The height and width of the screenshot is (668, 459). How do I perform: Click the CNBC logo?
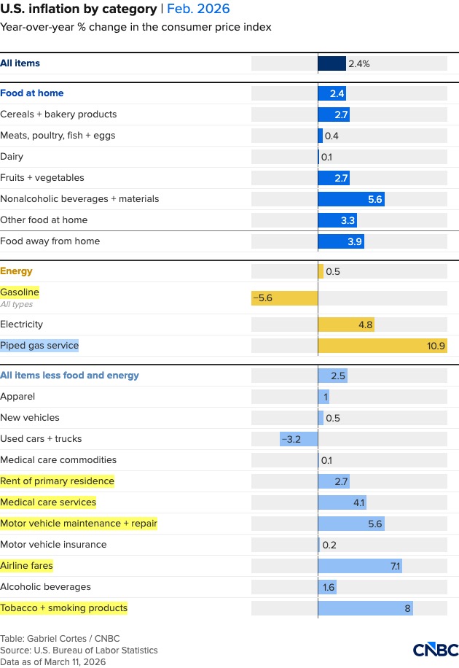point(436,650)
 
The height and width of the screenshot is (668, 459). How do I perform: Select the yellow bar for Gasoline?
point(285,298)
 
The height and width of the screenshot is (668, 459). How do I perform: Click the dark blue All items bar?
point(331,63)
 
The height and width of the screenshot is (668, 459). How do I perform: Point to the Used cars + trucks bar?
point(299,439)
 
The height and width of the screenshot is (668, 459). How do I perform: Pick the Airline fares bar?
point(360,566)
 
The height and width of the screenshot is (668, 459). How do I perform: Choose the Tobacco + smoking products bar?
point(365,608)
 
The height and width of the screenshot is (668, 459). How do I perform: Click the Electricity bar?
point(346,325)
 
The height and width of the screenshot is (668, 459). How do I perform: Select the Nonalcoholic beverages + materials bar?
point(351,199)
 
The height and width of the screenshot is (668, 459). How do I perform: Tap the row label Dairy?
point(12,157)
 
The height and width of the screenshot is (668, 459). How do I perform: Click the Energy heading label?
point(16,271)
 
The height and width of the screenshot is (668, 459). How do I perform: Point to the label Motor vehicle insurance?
point(53,545)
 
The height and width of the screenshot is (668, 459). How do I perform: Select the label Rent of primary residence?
point(57,481)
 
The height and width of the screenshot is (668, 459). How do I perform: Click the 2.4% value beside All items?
point(359,63)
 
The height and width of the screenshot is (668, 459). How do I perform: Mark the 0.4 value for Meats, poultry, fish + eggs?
point(331,136)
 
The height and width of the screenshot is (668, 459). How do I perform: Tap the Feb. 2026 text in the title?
point(198,9)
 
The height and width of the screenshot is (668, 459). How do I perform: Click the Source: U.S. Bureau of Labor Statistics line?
point(79,650)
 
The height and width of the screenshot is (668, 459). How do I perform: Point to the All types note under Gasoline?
point(16,305)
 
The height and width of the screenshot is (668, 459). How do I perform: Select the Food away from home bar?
point(342,241)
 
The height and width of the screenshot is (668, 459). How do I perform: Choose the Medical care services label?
point(48,502)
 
